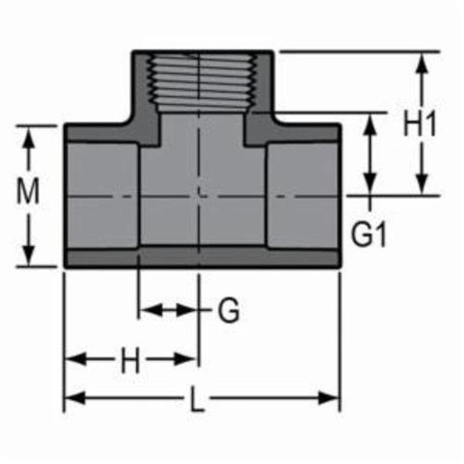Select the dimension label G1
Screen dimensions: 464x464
[x=368, y=235]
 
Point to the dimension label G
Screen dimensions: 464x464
[x=228, y=311]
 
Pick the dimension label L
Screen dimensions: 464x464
[x=197, y=402]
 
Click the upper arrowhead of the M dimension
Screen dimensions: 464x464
[x=31, y=131]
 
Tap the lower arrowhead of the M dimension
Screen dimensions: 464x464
[x=31, y=260]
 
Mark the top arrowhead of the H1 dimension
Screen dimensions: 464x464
[x=422, y=59]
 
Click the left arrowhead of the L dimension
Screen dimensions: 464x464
[x=71, y=399]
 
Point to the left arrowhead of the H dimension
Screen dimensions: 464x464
[x=71, y=357]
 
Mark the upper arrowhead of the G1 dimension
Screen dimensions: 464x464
[x=370, y=118]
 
